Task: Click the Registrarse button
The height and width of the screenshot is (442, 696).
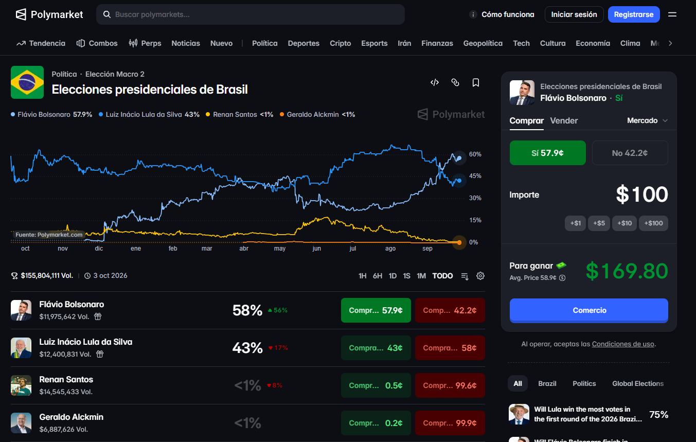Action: tap(634, 14)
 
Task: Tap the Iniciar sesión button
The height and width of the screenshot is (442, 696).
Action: tap(574, 14)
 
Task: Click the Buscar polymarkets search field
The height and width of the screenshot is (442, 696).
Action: tap(251, 14)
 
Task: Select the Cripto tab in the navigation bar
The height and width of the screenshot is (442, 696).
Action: tap(340, 43)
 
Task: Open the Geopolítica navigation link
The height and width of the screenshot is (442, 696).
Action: tap(483, 43)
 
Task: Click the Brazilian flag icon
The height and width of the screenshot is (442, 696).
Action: tap(27, 82)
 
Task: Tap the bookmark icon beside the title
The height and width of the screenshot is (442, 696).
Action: tap(476, 82)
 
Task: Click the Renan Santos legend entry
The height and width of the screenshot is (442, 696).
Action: tap(239, 114)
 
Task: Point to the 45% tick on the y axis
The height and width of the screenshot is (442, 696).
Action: tap(475, 176)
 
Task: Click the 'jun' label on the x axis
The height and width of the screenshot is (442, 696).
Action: tap(316, 249)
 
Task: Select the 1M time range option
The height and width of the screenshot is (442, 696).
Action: tap(421, 276)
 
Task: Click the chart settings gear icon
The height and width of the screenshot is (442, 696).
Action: tap(480, 276)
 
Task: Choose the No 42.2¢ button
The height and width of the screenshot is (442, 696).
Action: tap(630, 153)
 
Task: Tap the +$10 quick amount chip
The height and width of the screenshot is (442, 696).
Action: tap(624, 223)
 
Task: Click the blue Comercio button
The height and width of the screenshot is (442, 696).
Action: tap(589, 310)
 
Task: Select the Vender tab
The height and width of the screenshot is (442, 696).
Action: tap(564, 120)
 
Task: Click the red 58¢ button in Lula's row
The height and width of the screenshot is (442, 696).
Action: tap(450, 348)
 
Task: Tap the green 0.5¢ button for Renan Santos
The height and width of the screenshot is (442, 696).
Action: tap(376, 385)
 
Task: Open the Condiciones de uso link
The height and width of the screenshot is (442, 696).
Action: tap(622, 344)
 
